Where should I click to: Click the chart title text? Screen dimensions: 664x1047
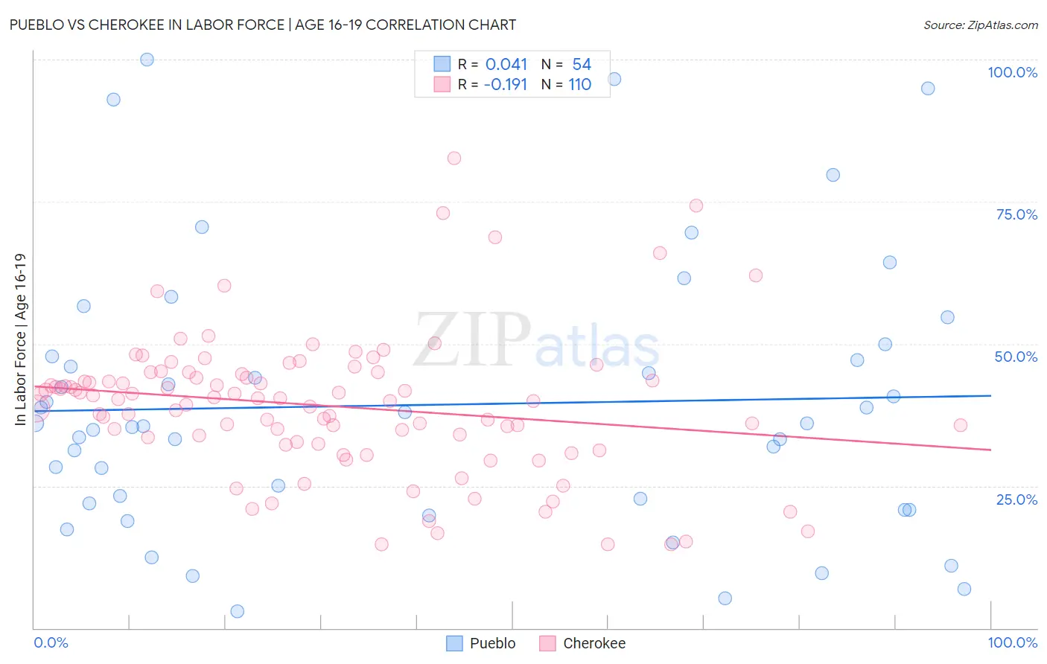[x=261, y=25]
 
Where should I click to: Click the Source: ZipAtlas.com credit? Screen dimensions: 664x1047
[x=980, y=25]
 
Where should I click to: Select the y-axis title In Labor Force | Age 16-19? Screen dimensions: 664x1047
[x=20, y=339]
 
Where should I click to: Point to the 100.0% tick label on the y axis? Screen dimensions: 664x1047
[x=1012, y=72]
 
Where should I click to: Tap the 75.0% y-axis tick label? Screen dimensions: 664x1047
[x=1016, y=214]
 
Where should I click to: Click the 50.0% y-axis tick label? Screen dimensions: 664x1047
[x=1016, y=357]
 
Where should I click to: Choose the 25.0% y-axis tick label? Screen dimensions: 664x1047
[x=1016, y=499]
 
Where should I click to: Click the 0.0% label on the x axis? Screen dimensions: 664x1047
[x=51, y=642]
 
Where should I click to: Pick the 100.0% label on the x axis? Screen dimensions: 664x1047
[x=1012, y=642]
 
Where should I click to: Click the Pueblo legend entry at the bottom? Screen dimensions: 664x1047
[x=481, y=643]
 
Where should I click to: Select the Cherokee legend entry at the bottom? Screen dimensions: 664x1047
[x=583, y=643]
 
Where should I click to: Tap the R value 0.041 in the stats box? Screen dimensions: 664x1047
[x=506, y=65]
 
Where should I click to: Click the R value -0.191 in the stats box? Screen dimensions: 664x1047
[x=506, y=85]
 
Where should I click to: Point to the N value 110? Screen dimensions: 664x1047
[x=579, y=85]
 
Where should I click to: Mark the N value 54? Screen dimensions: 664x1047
[x=582, y=65]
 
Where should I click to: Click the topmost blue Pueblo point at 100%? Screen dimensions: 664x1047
[x=147, y=60]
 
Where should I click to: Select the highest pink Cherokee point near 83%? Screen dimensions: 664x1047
[x=454, y=158]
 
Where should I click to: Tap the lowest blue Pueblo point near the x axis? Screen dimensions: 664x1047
[x=238, y=611]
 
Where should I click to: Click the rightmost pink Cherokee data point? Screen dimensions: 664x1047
[x=961, y=425]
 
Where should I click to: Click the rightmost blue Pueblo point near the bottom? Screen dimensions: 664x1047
[x=964, y=589]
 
